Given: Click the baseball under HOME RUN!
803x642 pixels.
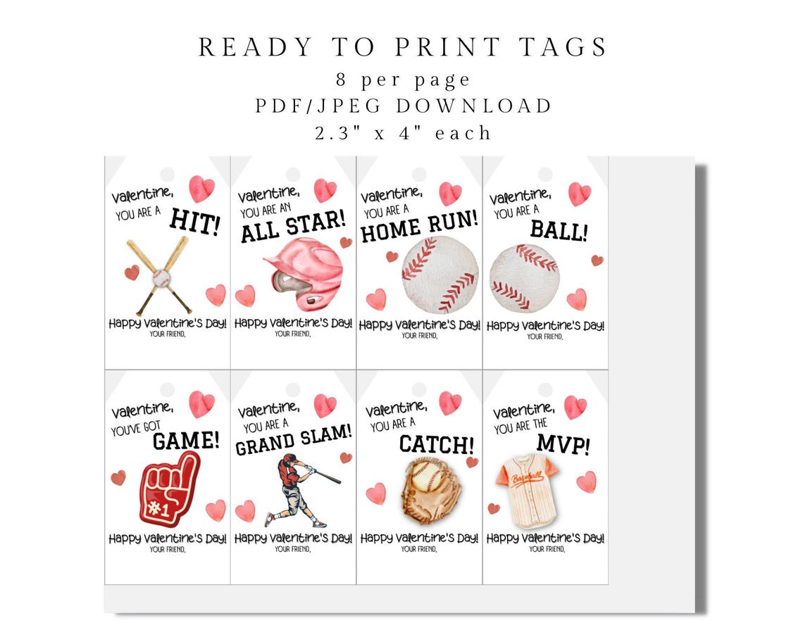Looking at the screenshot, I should (x=440, y=274).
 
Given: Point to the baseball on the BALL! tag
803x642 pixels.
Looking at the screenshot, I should (x=524, y=278).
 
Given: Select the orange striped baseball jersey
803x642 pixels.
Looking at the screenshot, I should (x=527, y=490).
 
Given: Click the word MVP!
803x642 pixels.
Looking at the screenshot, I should (x=564, y=444).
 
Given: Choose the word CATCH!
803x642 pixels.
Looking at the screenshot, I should (x=437, y=444).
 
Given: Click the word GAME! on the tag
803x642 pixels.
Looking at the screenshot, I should (x=186, y=441).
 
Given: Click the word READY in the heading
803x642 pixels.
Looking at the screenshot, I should (x=254, y=47).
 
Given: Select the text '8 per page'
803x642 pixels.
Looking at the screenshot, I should (x=404, y=80).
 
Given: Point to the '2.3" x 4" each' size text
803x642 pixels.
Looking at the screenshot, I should (x=404, y=132).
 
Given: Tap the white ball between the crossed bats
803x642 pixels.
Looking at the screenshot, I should (x=161, y=277).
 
